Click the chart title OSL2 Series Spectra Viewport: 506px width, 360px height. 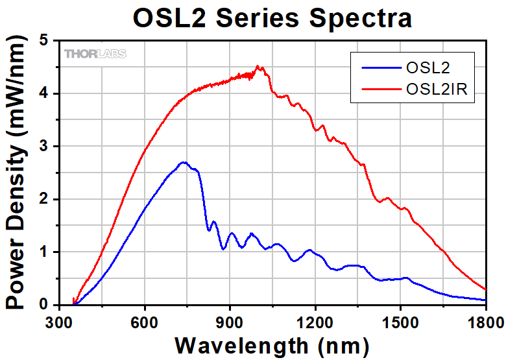pos(272,18)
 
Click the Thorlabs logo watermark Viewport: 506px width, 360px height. pos(95,54)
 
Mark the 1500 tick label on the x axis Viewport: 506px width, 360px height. pos(400,321)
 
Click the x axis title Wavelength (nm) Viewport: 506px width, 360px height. pos(272,344)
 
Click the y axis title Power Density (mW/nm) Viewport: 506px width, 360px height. pos(18,172)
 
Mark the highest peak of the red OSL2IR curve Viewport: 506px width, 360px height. pos(258,66)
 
